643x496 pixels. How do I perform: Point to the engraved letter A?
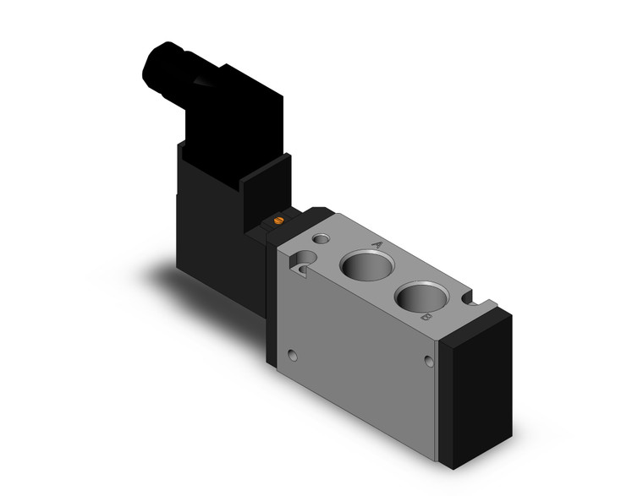pyautogui.click(x=378, y=246)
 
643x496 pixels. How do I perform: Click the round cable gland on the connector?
pyautogui.click(x=161, y=63)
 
